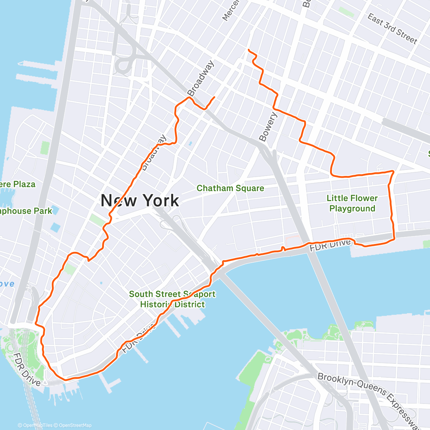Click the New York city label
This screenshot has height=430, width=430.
pos(139,200)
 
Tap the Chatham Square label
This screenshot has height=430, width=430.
pos(230,188)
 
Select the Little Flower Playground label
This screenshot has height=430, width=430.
pos(352,203)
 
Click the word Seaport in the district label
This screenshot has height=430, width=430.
pos(199,294)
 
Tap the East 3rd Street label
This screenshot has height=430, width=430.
pos(392,29)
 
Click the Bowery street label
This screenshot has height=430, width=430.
pos(268,126)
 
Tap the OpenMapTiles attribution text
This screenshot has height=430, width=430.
pos(37,425)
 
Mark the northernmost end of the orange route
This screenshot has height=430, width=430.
pos(248,49)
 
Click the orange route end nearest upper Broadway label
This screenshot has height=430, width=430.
pos(214,97)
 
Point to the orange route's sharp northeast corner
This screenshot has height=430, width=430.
pos(393,172)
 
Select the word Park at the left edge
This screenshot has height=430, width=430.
pos(43,211)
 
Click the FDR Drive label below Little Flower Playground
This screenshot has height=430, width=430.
pos(330,245)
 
